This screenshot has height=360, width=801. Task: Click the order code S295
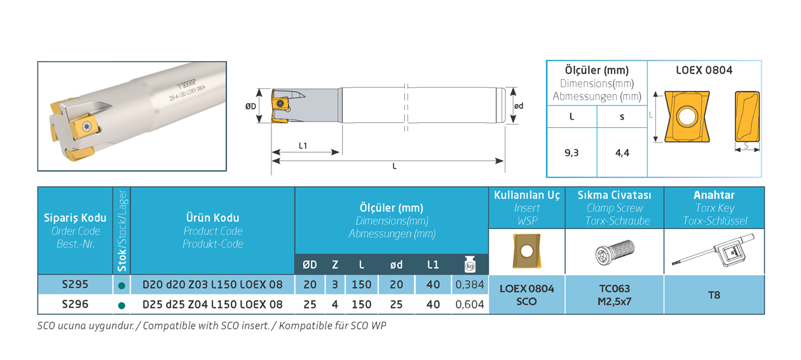[x=75, y=284]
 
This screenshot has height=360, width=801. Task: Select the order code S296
[x=75, y=304]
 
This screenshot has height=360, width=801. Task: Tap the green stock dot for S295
[x=121, y=286]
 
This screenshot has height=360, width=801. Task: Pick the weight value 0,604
[x=470, y=305]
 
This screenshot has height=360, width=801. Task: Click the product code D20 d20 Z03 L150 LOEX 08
[x=212, y=285]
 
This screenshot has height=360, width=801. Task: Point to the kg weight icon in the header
[x=470, y=264]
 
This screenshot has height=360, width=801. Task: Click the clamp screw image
[x=615, y=252]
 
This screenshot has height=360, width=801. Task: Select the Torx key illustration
[x=713, y=251]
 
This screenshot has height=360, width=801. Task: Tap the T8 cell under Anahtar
[x=714, y=295]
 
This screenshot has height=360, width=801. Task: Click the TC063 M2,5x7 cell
[x=615, y=295]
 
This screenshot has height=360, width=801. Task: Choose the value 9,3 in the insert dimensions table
[x=572, y=153]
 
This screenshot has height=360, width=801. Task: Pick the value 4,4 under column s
[x=622, y=153]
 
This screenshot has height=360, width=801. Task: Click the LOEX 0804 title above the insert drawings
[x=704, y=70]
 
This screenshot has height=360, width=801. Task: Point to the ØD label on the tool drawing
[x=250, y=106]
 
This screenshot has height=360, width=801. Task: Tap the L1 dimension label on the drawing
[x=303, y=146]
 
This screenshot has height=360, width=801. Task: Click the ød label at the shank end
[x=519, y=106]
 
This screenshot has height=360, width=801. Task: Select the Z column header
[x=335, y=265]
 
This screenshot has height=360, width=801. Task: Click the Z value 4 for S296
[x=334, y=305]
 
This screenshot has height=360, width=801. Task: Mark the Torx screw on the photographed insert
[x=87, y=127]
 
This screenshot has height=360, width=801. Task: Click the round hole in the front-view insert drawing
[x=687, y=116]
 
